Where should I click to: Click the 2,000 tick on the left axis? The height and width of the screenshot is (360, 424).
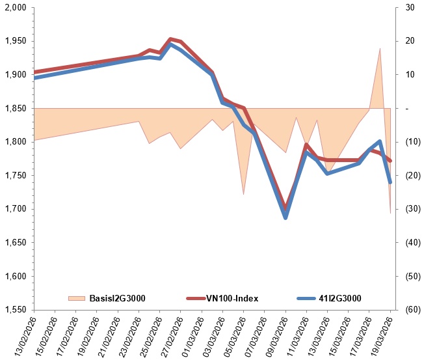click(x=17, y=8)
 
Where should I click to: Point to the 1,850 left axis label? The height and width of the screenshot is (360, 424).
click(x=17, y=109)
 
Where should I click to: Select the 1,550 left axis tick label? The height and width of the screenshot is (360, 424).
click(x=17, y=310)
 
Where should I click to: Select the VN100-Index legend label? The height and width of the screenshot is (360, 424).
click(x=232, y=299)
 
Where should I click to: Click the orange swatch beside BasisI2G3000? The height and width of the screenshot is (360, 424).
click(x=76, y=299)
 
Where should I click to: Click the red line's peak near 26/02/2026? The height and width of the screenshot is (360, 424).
click(x=170, y=39)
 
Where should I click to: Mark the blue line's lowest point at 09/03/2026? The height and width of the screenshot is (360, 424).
click(x=285, y=217)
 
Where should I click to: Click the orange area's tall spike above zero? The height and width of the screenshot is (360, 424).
click(x=380, y=49)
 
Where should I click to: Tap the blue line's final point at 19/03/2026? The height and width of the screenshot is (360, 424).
click(x=390, y=182)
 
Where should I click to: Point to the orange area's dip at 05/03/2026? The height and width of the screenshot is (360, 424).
click(x=243, y=194)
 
